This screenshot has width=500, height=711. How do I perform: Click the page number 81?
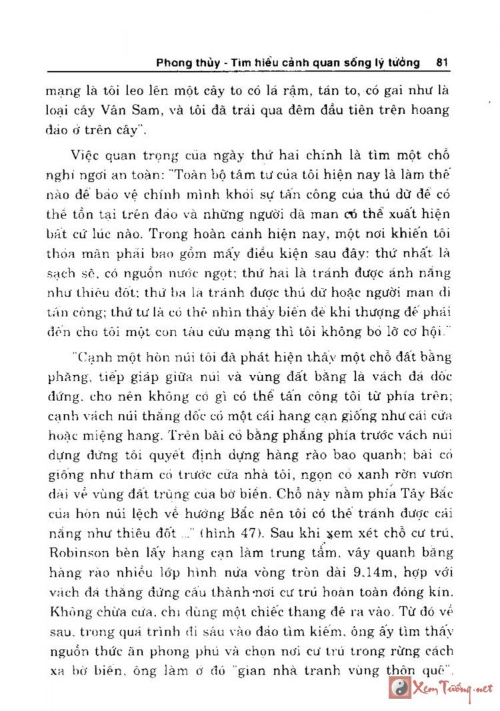pos(441,63)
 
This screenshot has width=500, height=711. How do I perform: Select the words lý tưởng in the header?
pos(399,63)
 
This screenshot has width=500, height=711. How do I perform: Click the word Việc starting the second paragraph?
pos(85,157)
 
